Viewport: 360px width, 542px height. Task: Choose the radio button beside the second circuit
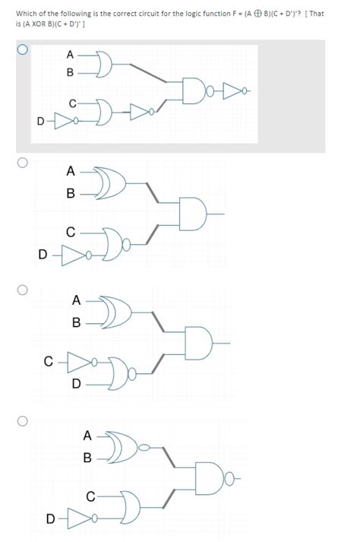23,162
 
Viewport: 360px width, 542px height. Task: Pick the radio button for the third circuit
23,290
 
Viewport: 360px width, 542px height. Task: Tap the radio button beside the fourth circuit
23,420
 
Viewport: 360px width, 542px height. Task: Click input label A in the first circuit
70,55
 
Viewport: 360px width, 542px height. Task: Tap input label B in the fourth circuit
87,458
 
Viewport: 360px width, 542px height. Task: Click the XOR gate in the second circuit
116,182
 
